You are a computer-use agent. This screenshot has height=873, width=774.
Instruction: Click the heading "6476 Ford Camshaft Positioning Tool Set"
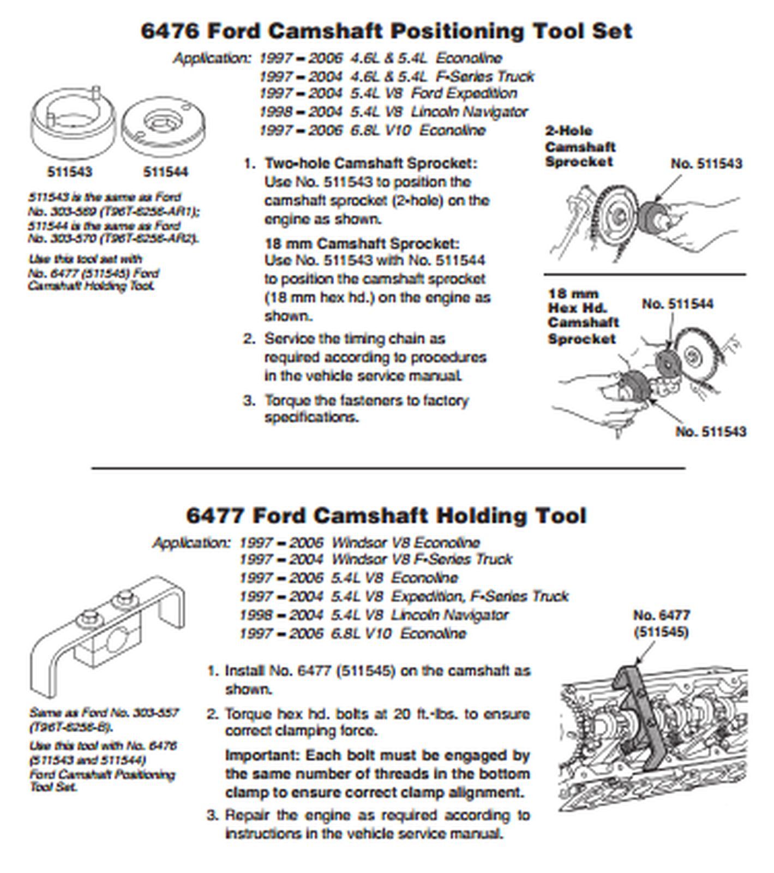pyautogui.click(x=386, y=31)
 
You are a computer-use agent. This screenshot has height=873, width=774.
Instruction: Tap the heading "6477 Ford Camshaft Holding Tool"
pyautogui.click(x=386, y=516)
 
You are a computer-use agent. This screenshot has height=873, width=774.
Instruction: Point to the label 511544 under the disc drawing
pyautogui.click(x=165, y=172)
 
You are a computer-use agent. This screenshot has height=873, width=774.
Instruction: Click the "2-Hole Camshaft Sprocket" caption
pyautogui.click(x=580, y=146)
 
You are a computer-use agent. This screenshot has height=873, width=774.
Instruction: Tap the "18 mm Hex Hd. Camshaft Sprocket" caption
pyautogui.click(x=583, y=316)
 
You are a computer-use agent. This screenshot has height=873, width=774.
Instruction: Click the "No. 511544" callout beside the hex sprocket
pyautogui.click(x=677, y=304)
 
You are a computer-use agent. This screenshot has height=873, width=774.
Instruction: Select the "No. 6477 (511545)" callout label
pyautogui.click(x=661, y=623)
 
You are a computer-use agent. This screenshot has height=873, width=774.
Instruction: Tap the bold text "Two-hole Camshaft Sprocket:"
pyautogui.click(x=370, y=163)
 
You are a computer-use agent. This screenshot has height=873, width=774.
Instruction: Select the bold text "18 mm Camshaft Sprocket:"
pyautogui.click(x=362, y=243)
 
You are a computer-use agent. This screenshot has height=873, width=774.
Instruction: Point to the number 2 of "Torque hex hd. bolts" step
pyautogui.click(x=212, y=714)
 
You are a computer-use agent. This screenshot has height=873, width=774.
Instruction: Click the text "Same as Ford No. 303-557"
pyautogui.click(x=104, y=713)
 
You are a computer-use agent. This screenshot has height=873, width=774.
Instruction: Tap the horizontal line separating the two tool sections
pyautogui.click(x=387, y=468)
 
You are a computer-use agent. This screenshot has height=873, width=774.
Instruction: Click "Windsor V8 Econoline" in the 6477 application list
pyautogui.click(x=406, y=543)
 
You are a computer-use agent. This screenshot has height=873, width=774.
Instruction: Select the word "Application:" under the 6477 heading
pyautogui.click(x=191, y=543)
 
